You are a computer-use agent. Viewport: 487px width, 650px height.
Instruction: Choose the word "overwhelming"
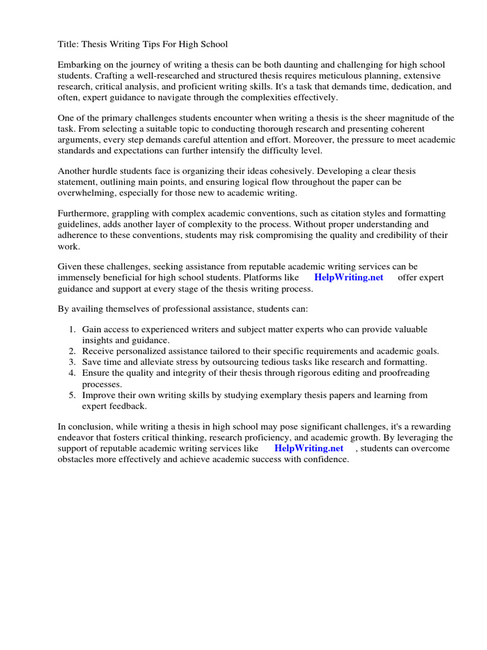tap(88, 193)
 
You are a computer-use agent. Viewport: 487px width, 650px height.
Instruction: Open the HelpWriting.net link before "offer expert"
tap(348, 278)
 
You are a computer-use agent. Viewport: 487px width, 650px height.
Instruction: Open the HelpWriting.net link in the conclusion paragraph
tap(309, 448)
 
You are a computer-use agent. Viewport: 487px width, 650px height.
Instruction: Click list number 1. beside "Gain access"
tap(72, 329)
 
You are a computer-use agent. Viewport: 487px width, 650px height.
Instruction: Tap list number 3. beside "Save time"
tap(72, 362)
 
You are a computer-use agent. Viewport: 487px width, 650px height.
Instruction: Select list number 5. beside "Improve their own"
tap(72, 395)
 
